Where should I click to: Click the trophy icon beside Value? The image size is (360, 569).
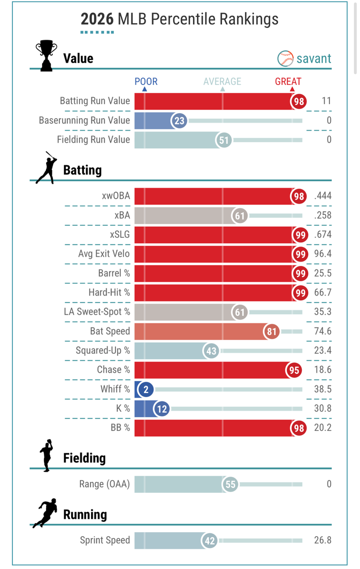(x=46, y=56)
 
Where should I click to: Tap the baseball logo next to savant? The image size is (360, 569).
(x=285, y=58)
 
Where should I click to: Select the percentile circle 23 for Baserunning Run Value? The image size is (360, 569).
(x=180, y=120)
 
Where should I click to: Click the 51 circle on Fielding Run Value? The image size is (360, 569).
(x=224, y=140)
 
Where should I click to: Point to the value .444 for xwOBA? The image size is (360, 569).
(x=322, y=196)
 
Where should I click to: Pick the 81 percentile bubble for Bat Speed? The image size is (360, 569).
(x=272, y=331)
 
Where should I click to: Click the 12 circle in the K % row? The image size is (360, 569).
(x=162, y=409)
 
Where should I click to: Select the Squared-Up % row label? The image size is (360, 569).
(x=103, y=350)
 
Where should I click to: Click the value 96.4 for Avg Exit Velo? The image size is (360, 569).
(x=322, y=254)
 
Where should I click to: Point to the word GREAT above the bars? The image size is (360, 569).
(x=288, y=81)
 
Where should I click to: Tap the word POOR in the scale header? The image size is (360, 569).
(x=146, y=81)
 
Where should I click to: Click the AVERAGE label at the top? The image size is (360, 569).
(x=222, y=81)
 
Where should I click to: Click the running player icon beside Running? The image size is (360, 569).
(x=45, y=513)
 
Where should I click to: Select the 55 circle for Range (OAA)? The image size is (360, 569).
(x=230, y=484)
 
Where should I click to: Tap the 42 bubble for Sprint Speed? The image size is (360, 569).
(x=210, y=541)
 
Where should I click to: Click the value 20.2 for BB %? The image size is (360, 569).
(x=322, y=428)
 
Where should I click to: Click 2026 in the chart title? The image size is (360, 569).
(x=97, y=19)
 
